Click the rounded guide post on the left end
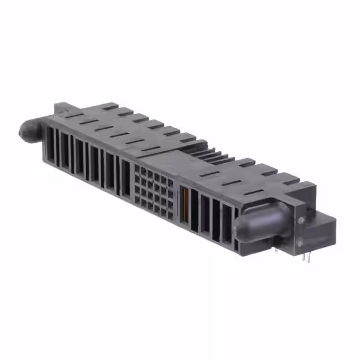pos(28,130)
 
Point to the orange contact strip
pos(186,204)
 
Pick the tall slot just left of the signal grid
pos(125,179)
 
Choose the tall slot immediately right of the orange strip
pos(194,210)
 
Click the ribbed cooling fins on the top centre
pos(208,153)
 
